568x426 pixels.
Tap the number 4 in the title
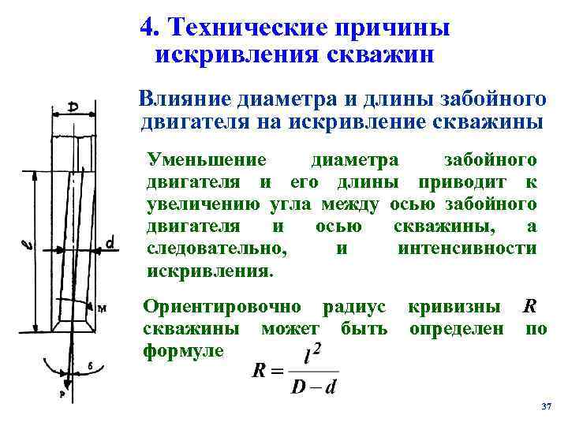pyautogui.click(x=146, y=28)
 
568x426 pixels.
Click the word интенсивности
pyautogui.click(x=468, y=248)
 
